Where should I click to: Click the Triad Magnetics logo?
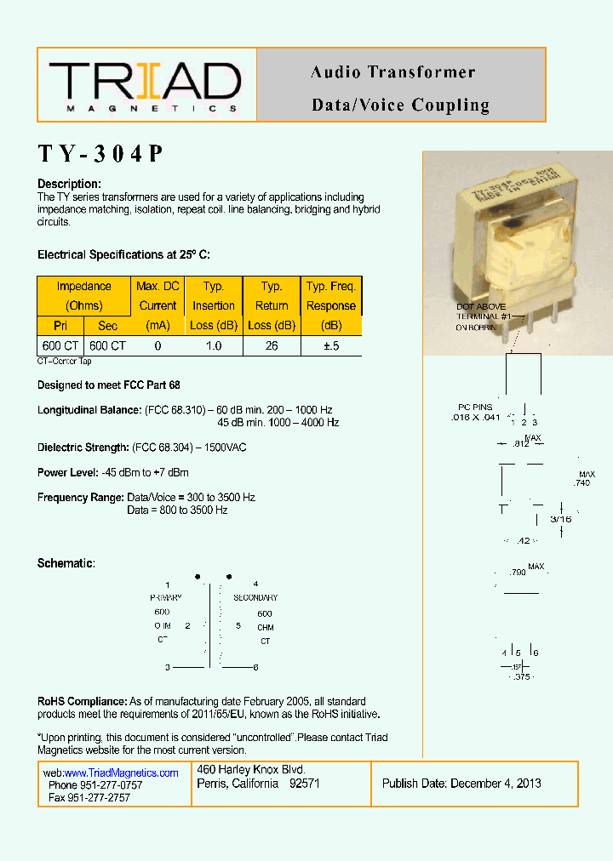pyautogui.click(x=146, y=85)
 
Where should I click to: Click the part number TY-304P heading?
pyautogui.click(x=100, y=154)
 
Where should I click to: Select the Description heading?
pyautogui.click(x=70, y=185)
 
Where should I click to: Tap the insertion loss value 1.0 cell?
pyautogui.click(x=214, y=346)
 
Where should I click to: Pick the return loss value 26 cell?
pyautogui.click(x=272, y=346)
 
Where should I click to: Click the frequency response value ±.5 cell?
pyautogui.click(x=330, y=346)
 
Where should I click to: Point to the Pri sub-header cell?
pyautogui.click(x=60, y=326)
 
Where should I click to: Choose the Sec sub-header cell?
pyautogui.click(x=108, y=326)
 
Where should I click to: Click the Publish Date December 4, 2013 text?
pyautogui.click(x=461, y=784)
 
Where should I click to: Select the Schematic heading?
pyautogui.click(x=66, y=564)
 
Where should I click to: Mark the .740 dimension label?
pyautogui.click(x=582, y=482)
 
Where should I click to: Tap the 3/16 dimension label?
pyautogui.click(x=560, y=518)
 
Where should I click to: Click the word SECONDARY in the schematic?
pyautogui.click(x=255, y=598)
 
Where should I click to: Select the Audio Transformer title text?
pyautogui.click(x=392, y=72)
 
